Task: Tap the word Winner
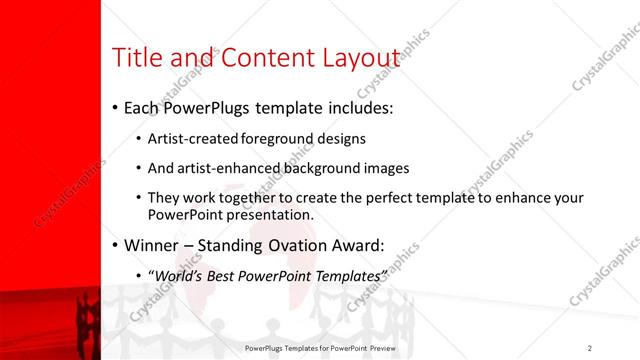pyautogui.click(x=153, y=245)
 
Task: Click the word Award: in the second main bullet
pyautogui.click(x=355, y=245)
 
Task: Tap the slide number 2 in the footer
pyautogui.click(x=590, y=347)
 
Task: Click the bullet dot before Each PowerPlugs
pyautogui.click(x=115, y=107)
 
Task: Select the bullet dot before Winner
pyautogui.click(x=115, y=245)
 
